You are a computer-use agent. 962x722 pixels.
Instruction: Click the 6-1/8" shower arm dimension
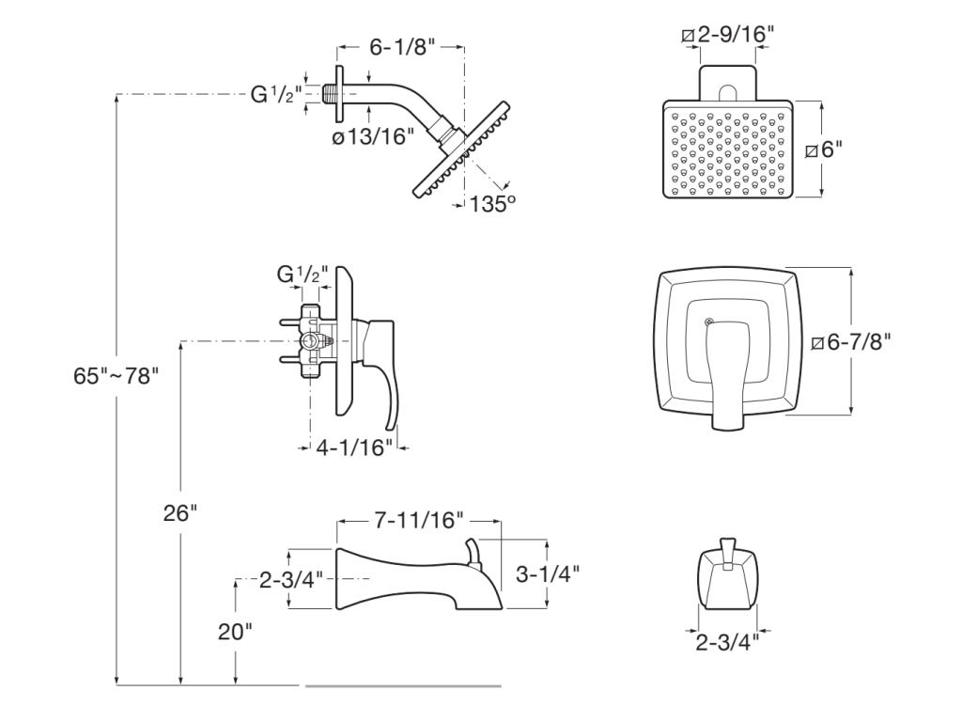401,47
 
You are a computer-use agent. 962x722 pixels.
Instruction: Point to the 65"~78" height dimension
116,375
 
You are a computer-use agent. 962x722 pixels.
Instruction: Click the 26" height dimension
179,513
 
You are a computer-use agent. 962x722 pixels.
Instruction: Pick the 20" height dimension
235,632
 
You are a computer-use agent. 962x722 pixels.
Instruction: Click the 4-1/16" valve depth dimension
351,448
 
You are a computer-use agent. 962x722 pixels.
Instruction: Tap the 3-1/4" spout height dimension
548,573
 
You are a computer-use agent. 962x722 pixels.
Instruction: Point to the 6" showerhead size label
833,149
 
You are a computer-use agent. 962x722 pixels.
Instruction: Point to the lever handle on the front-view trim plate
725,371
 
